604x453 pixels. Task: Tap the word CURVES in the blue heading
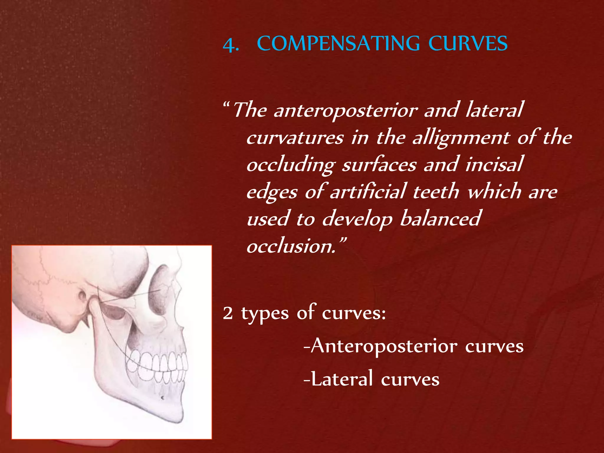pyautogui.click(x=468, y=44)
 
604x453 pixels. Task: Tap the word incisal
pyautogui.click(x=494, y=164)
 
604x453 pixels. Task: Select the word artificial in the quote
pyautogui.click(x=368, y=192)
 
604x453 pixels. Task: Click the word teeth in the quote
pyautogui.click(x=436, y=192)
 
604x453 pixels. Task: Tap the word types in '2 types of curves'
pyautogui.click(x=265, y=314)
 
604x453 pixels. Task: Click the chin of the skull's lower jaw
pyautogui.click(x=174, y=413)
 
